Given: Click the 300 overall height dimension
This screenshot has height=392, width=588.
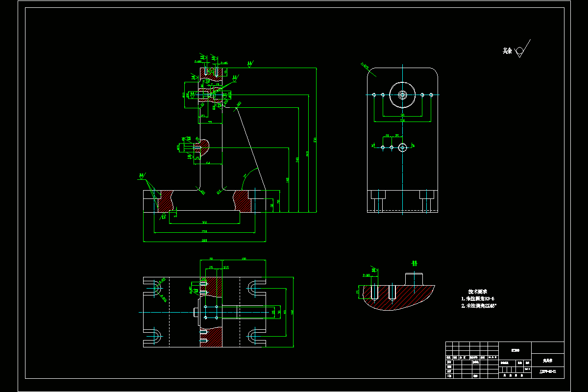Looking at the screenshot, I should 315,140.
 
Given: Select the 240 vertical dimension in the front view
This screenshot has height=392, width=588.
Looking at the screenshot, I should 297,160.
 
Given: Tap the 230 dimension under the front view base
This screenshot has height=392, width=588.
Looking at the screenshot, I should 204,231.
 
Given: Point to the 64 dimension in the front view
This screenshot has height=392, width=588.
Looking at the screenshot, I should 208,163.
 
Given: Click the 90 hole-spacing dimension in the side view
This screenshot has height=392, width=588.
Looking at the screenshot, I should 402,115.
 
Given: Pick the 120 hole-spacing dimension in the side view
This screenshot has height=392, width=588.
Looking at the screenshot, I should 402,120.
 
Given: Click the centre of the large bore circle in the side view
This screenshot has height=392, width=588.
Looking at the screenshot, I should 402,95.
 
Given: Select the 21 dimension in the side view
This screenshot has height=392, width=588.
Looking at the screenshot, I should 387,135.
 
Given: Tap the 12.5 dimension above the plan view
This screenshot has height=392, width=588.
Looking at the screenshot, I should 225,268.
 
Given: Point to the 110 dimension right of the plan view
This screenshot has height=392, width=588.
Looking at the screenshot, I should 285,312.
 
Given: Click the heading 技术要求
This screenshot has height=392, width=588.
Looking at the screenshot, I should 477,291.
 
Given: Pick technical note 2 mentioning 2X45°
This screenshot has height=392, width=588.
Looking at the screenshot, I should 479,306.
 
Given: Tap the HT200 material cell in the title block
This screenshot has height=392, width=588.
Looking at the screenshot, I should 515,349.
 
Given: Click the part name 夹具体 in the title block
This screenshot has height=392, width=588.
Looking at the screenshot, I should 548,360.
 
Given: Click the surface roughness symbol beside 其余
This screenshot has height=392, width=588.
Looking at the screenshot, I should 521,49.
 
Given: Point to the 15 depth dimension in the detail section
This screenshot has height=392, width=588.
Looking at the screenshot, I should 358,292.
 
